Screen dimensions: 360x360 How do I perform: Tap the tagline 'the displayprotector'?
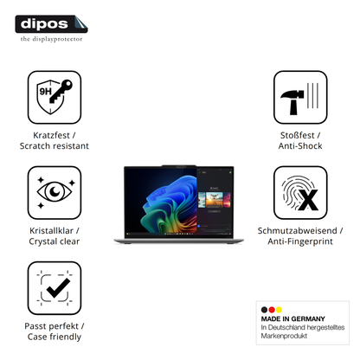pos(51,39)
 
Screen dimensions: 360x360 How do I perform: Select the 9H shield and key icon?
pos(55,97)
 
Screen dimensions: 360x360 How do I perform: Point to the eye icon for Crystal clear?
pos(55,192)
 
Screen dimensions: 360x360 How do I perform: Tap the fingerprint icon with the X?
pos(300,192)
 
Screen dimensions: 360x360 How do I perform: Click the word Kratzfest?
pos(51,135)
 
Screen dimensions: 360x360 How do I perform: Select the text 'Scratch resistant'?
pos(55,146)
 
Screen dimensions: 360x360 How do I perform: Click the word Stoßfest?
pos(298,135)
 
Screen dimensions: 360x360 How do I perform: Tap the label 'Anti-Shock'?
pos(300,146)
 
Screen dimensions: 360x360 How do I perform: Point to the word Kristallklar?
pos(51,231)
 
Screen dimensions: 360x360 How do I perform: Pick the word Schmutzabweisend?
pos(298,231)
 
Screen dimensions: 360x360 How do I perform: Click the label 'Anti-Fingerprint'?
pos(300,241)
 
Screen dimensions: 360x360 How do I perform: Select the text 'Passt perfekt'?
pos(51,326)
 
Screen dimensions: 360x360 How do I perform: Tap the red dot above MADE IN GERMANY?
pos(272,310)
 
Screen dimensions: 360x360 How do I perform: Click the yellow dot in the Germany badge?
pos(279,310)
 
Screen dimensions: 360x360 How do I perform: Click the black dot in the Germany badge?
pos(264,310)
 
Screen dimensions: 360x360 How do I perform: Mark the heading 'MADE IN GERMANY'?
pos(293,318)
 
